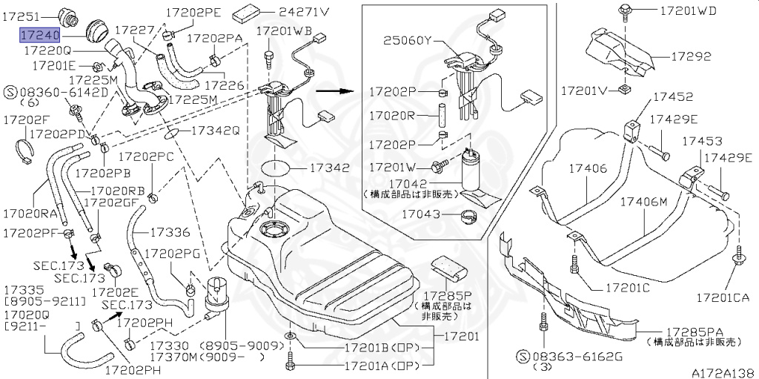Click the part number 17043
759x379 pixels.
click(x=422, y=214)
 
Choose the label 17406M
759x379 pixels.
click(x=643, y=201)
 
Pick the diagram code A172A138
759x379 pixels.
click(x=723, y=372)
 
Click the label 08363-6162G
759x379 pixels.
click(x=582, y=357)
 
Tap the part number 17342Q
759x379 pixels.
click(x=215, y=131)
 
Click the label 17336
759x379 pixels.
click(x=170, y=232)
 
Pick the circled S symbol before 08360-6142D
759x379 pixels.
click(x=10, y=92)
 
